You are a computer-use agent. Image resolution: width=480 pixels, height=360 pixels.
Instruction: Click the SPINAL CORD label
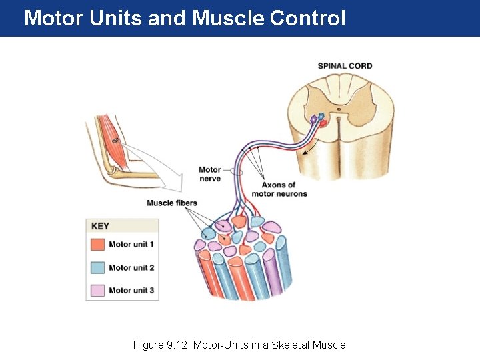tap(345, 66)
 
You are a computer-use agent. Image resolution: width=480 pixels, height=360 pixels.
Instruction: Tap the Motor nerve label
tap(209, 174)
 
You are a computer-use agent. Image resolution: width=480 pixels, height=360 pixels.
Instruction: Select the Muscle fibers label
tap(172, 203)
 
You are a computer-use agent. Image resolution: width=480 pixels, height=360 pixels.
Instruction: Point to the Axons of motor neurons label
tap(279, 189)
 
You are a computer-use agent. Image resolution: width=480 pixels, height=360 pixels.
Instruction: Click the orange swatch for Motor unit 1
tap(97, 245)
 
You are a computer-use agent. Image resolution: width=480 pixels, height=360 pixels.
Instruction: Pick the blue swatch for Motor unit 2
tap(97, 267)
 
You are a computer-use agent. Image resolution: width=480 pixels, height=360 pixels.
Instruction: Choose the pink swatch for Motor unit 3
tap(97, 290)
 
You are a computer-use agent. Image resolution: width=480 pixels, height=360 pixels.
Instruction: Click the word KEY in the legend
tap(100, 226)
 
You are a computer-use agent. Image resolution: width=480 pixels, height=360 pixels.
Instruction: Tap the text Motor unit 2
tap(131, 267)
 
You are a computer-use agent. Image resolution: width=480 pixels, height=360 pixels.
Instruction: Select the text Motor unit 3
tap(131, 290)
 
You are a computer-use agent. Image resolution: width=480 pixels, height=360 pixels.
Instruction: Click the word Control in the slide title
tap(307, 18)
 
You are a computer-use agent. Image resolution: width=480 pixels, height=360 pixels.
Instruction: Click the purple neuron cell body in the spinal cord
tap(314, 119)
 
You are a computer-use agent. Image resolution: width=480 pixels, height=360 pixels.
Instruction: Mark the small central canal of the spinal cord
tap(339, 109)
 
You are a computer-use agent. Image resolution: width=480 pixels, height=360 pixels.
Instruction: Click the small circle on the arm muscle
tap(115, 140)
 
